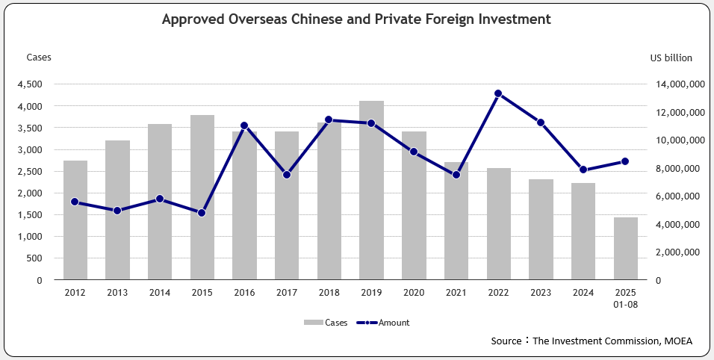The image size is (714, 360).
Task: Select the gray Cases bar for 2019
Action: [x=371, y=190]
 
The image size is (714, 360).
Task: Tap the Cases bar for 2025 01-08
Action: [x=625, y=249]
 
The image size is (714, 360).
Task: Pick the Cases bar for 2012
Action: [x=75, y=220]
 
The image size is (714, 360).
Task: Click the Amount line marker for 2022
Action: [x=498, y=94]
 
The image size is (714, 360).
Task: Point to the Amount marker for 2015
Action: [x=202, y=213]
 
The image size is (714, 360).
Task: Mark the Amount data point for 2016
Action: [x=244, y=126]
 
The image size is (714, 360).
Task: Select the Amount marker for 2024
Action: [x=583, y=170]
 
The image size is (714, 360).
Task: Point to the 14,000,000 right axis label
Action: [x=675, y=85]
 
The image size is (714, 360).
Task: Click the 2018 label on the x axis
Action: [x=329, y=293]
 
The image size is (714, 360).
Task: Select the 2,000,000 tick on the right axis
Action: [x=678, y=252]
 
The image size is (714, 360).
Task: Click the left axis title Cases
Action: [x=39, y=58]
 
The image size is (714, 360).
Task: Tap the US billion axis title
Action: [x=671, y=58]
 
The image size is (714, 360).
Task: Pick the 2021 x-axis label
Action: [x=456, y=293]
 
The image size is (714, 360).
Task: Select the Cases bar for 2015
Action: [x=202, y=198]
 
